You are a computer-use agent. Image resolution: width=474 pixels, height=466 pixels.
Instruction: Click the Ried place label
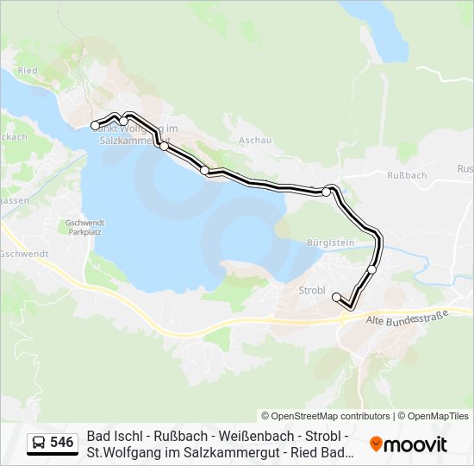coord(27,69)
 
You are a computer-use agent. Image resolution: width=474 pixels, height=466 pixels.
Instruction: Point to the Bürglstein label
coord(331,243)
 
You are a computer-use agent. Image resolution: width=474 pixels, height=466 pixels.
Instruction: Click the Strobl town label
coord(311,290)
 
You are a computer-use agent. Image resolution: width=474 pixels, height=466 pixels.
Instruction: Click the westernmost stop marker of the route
coord(95,126)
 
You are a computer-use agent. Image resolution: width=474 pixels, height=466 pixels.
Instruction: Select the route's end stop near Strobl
coord(336,297)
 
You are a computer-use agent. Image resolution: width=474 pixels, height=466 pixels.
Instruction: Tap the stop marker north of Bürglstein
coord(326,192)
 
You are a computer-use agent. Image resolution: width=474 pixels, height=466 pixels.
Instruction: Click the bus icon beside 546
coord(39,443)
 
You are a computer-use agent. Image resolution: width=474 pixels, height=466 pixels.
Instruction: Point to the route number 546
coord(61,443)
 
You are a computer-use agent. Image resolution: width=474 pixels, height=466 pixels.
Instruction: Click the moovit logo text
coord(415,444)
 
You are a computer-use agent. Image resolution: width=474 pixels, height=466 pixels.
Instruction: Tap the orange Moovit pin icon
coord(376,444)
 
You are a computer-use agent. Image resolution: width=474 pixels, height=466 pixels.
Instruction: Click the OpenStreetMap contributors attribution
coord(326,416)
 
